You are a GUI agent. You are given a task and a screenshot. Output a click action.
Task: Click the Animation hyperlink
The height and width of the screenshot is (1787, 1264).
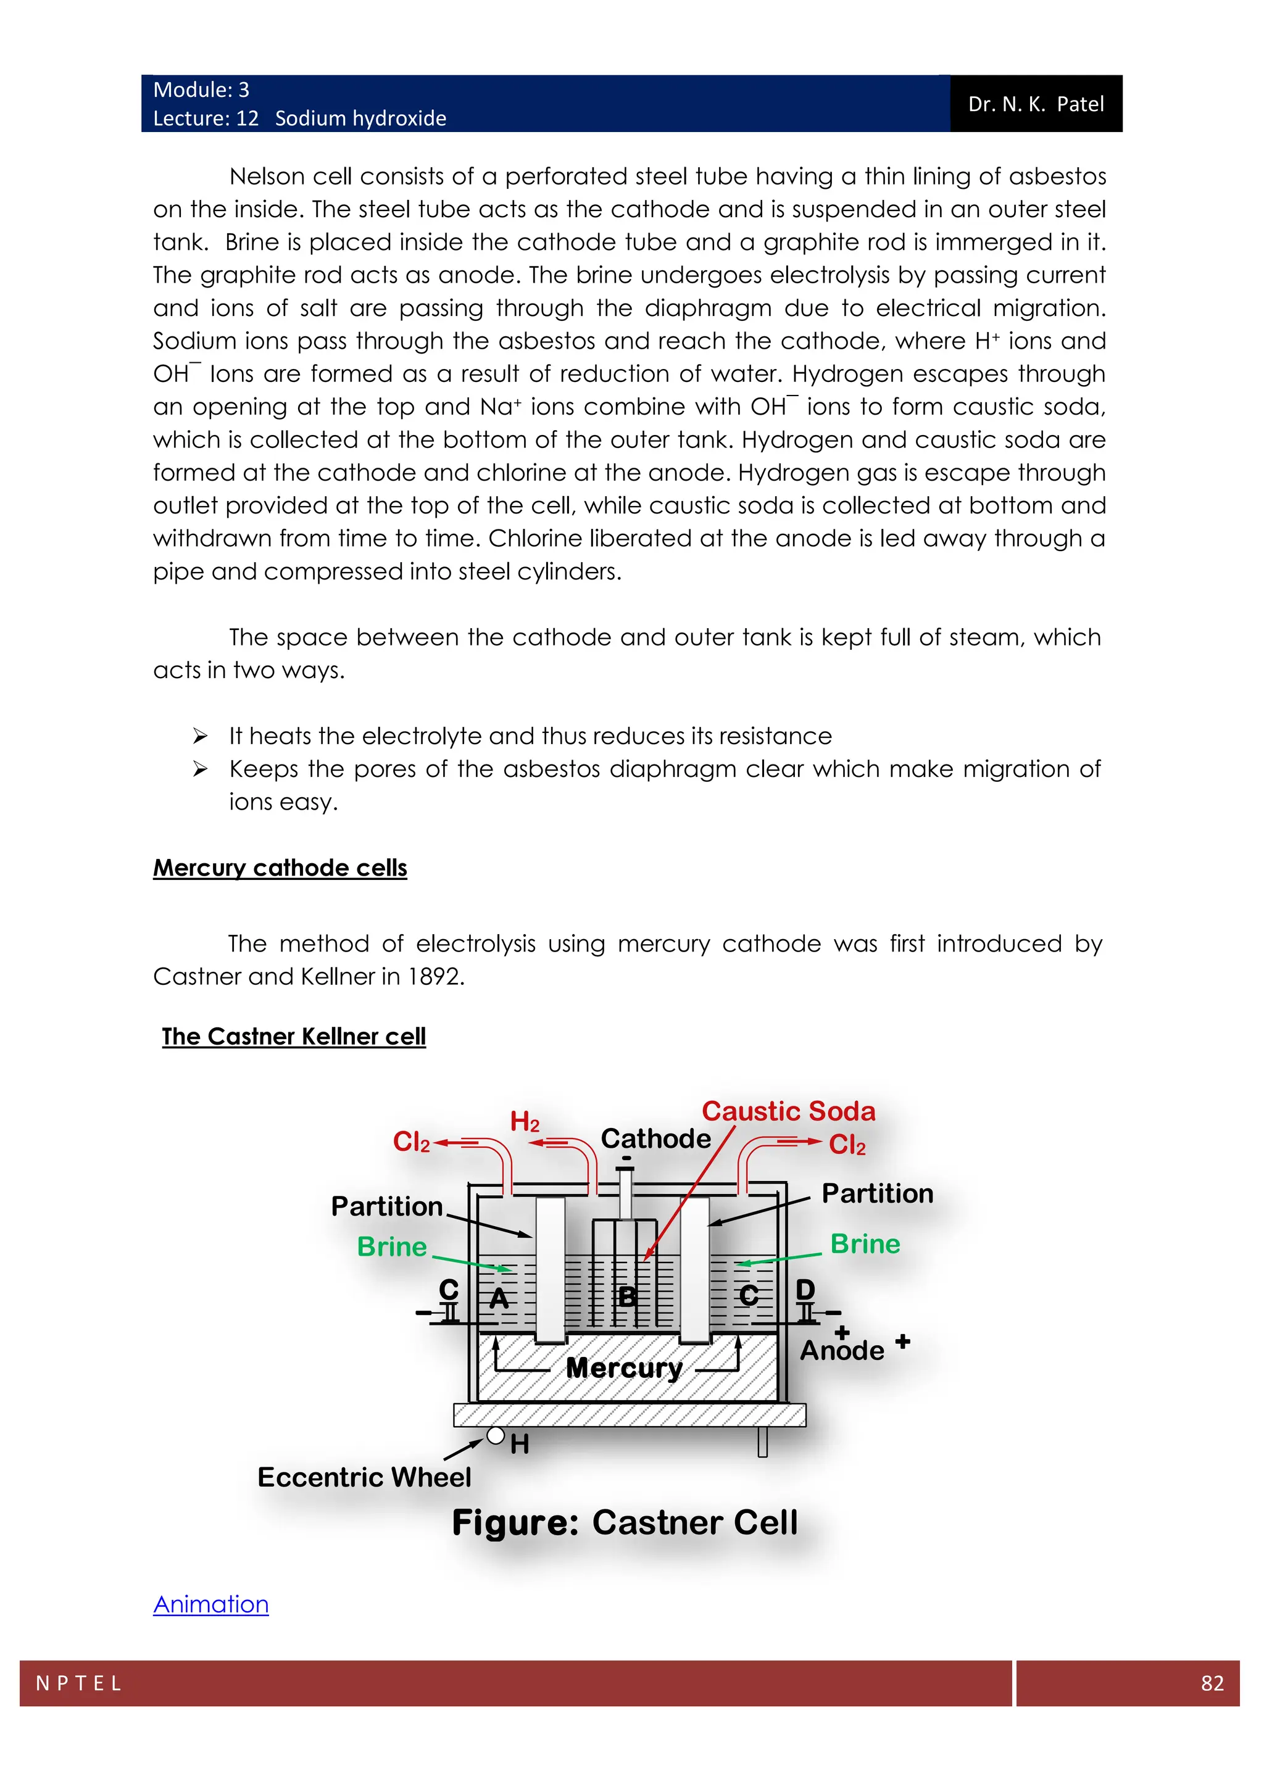tap(211, 1604)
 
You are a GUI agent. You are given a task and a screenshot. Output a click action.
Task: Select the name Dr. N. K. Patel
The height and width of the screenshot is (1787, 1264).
tap(1036, 104)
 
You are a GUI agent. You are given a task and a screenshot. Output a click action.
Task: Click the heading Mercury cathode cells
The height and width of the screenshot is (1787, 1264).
tap(280, 868)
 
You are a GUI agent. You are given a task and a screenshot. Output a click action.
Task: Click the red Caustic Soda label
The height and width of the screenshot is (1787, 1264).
tap(788, 1111)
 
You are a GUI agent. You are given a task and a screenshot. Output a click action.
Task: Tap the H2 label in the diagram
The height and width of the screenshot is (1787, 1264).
tap(525, 1122)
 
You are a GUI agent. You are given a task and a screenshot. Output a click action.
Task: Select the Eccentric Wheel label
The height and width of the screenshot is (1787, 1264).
tap(364, 1477)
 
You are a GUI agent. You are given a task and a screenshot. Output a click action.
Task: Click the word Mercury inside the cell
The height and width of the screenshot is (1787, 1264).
tap(624, 1367)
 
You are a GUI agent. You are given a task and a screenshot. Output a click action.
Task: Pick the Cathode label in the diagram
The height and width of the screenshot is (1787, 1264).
tap(655, 1138)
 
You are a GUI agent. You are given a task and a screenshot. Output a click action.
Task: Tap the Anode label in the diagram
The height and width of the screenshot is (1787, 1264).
tap(842, 1350)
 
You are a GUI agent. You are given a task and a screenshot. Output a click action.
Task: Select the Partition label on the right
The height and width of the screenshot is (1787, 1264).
tap(877, 1194)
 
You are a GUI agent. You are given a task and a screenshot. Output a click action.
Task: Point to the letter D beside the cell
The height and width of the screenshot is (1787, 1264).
tap(805, 1290)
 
